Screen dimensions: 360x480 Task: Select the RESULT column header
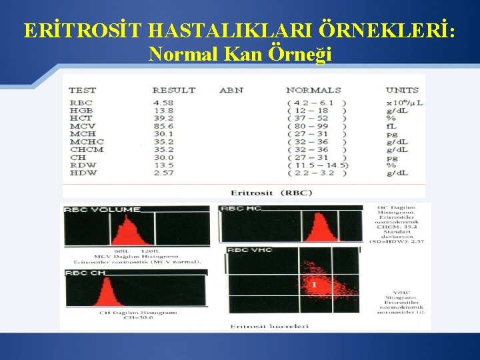(x=173, y=90)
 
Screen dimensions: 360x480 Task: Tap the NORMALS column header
(x=313, y=90)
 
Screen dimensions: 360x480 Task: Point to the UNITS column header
(x=402, y=90)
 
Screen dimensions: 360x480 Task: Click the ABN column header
(x=231, y=90)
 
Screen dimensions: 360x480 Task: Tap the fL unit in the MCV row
(x=391, y=126)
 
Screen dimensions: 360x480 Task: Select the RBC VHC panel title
(x=250, y=250)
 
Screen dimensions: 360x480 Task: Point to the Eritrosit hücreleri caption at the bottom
(x=260, y=325)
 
